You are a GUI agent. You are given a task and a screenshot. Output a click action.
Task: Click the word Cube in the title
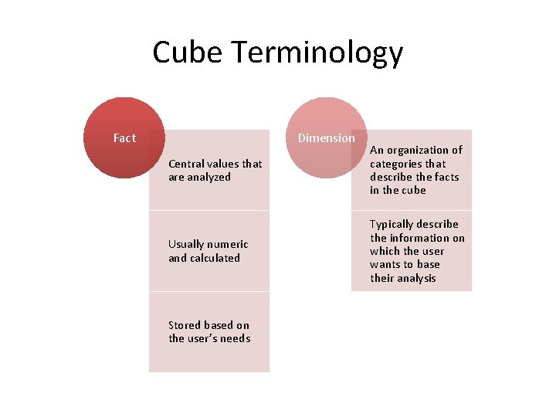coord(188,53)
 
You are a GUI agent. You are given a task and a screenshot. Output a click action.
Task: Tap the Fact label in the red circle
coord(124,138)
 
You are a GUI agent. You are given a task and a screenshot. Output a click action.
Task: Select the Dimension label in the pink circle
coord(327,138)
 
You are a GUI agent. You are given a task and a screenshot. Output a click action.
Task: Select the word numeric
coord(229,245)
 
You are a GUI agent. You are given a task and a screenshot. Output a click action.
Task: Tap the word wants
coord(385,264)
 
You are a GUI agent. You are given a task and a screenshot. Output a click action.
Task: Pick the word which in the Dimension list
coord(385,251)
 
